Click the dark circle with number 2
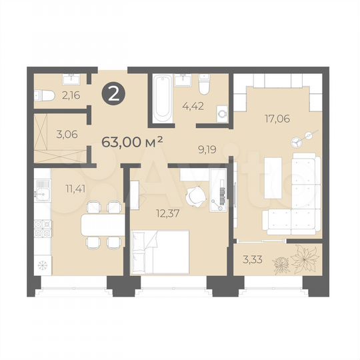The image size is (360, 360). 113,94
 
